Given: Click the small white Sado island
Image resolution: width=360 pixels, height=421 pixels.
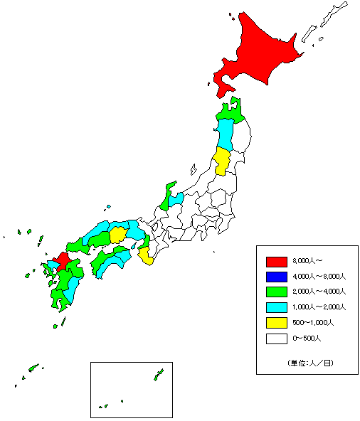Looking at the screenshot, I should tap(193, 169).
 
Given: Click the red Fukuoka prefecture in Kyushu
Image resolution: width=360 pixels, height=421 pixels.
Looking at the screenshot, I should tap(62, 260).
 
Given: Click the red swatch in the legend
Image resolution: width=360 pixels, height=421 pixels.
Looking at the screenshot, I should tap(276, 260).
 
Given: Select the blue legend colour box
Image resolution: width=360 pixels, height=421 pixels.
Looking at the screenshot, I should tap(276, 276).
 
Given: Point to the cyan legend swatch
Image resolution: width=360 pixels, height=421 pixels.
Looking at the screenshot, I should tap(276, 307).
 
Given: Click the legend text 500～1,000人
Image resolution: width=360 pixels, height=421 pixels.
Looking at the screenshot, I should tap(312, 323).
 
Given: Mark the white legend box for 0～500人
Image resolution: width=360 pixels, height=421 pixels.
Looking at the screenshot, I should tap(276, 339).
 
